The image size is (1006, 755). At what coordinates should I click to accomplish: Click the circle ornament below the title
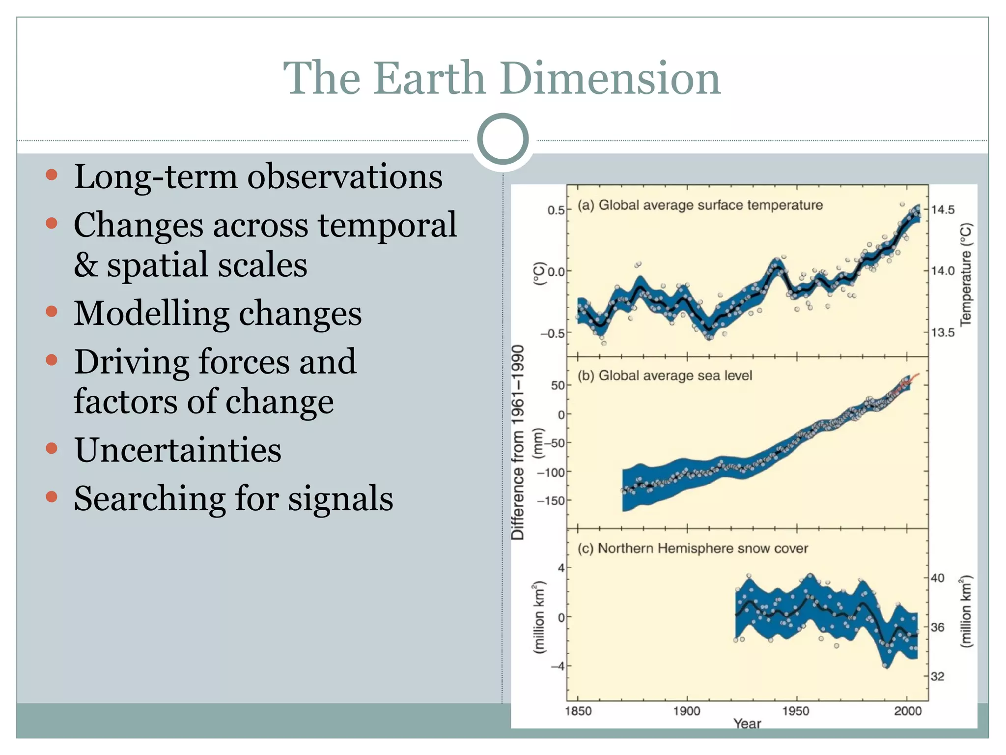pos(503,139)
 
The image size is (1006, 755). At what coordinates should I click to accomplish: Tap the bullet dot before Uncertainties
pos(52,448)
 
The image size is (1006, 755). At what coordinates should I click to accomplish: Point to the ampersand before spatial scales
pos(85,265)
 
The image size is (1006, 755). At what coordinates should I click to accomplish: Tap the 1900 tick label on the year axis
pos(686,711)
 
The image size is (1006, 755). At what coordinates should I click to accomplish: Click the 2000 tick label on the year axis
pos(907,711)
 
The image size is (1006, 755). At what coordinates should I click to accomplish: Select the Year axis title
pos(747,724)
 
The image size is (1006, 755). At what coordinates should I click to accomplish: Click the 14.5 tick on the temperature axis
pos(943,210)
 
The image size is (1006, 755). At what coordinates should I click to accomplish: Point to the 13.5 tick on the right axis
pos(943,333)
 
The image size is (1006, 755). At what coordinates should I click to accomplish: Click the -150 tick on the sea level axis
pos(551,501)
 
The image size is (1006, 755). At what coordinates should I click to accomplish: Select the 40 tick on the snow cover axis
pos(937,578)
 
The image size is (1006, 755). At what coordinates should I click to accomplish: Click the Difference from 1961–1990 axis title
pos(518,442)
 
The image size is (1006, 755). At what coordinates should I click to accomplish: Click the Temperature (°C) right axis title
pos(966,274)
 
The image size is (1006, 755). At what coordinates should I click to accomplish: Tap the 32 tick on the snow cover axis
pos(937,676)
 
